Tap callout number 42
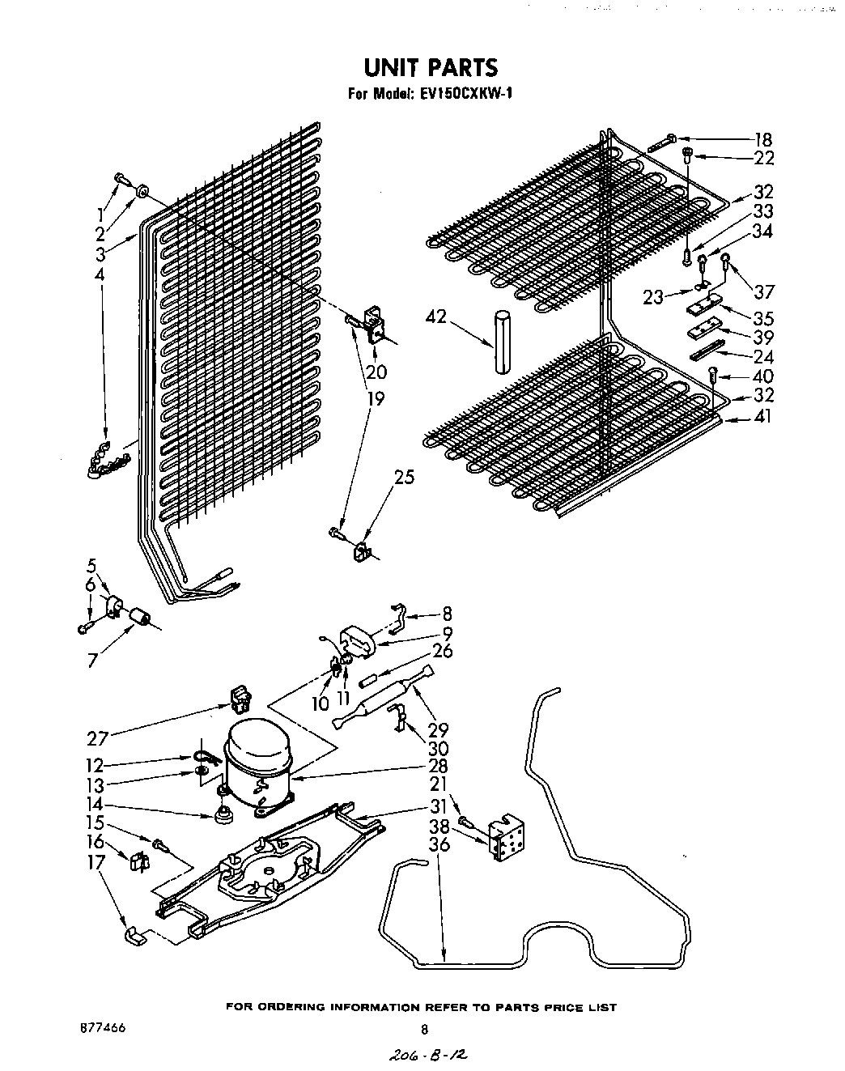[436, 317]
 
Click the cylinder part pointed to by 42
[502, 341]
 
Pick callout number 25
[403, 478]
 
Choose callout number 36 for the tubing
[439, 844]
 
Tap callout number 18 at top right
[762, 139]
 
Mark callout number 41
[762, 417]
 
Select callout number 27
[98, 738]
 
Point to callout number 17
[96, 863]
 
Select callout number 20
[376, 373]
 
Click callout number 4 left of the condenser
[100, 275]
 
